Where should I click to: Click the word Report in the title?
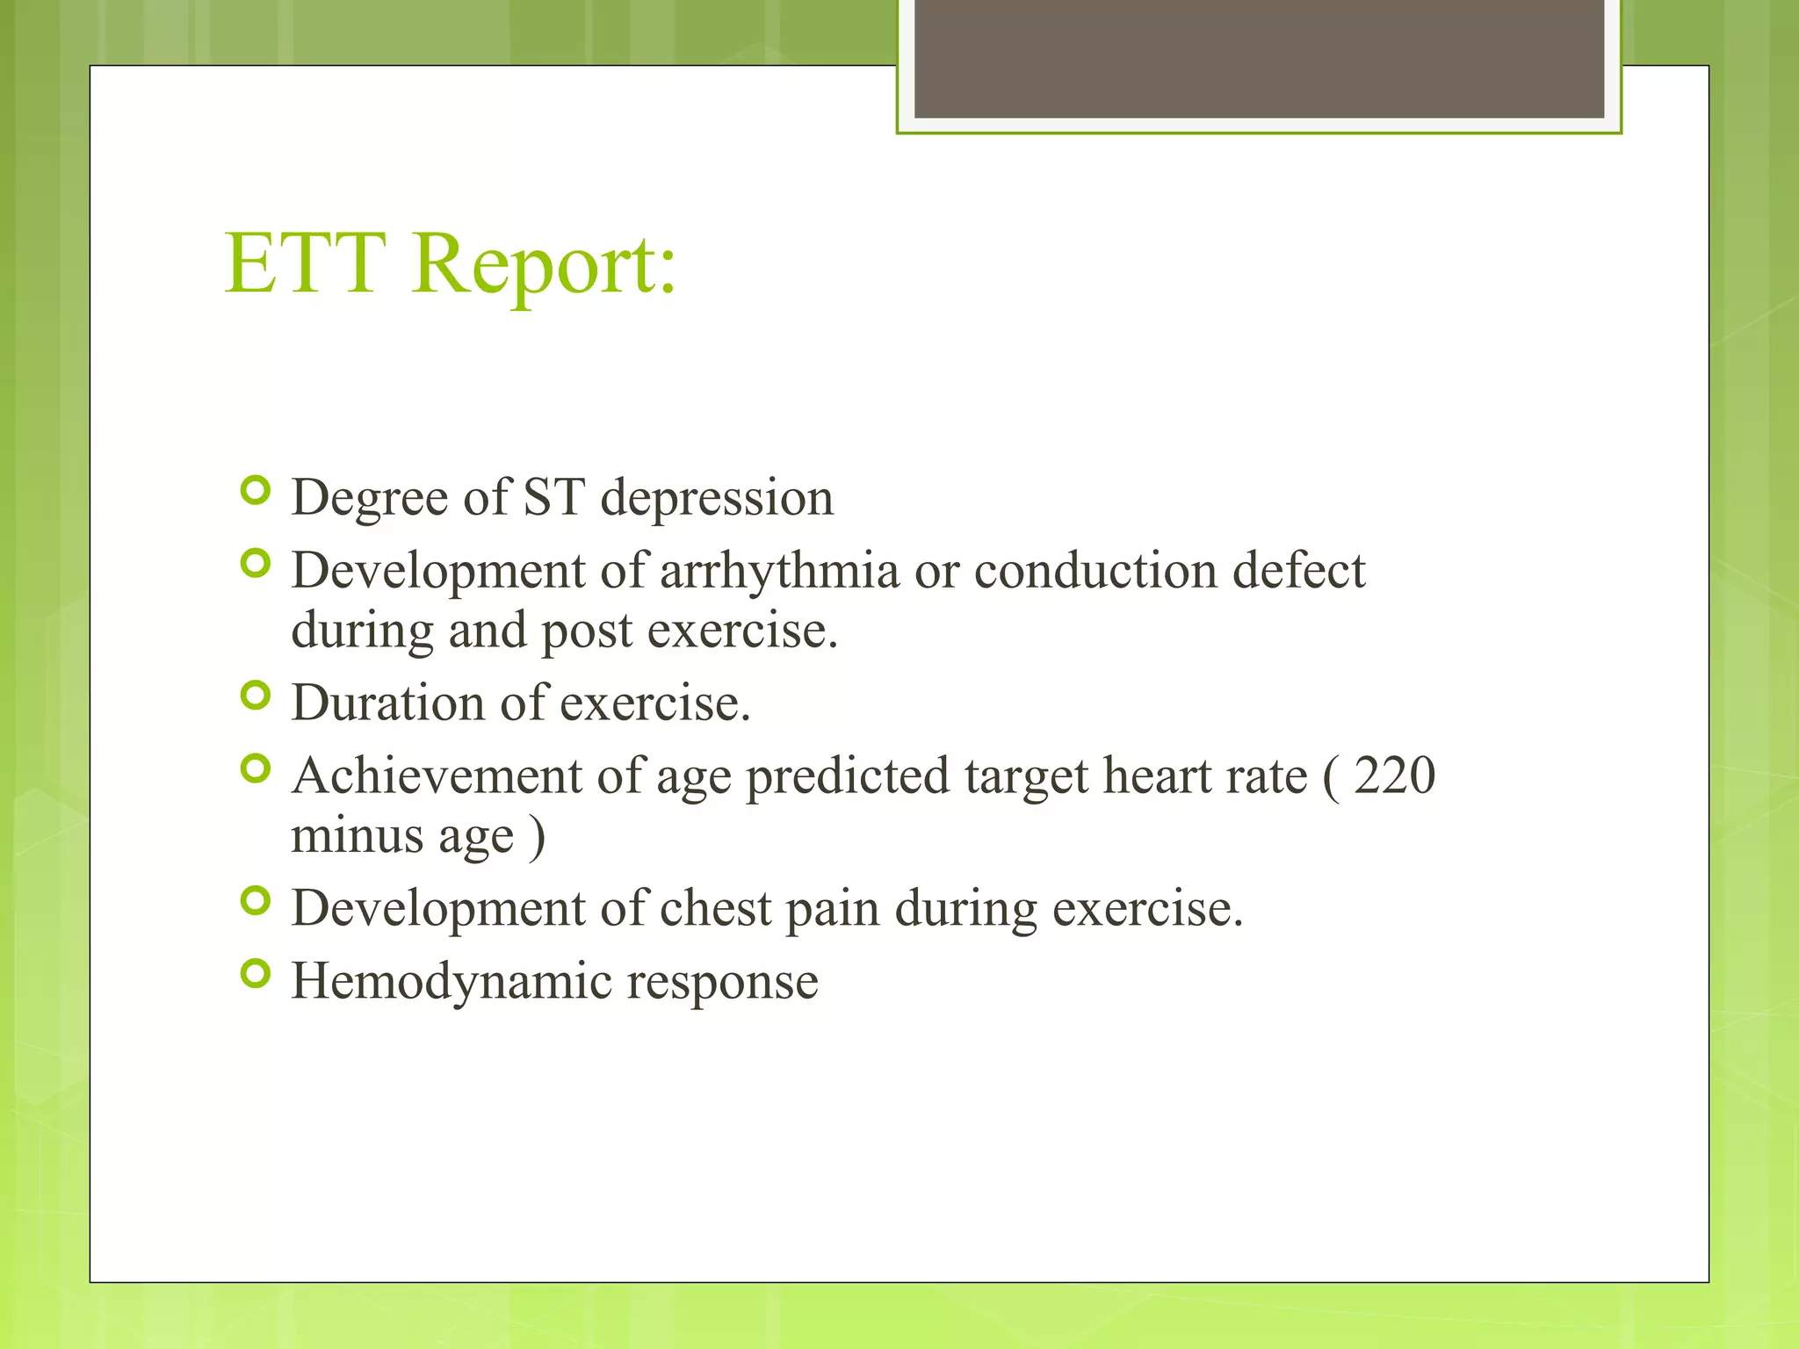point(544,264)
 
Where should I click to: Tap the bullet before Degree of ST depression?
point(255,490)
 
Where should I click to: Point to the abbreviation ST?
point(553,497)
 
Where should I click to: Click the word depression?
point(717,499)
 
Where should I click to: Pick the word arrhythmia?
point(779,571)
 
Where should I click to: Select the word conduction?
point(1095,571)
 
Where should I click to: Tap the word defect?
point(1299,571)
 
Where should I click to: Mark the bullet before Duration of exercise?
point(255,696)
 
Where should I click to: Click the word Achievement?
point(437,776)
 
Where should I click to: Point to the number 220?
point(1394,775)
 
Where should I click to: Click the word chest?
point(715,908)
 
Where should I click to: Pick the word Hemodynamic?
point(451,981)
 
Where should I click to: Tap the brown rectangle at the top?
point(1259,59)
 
